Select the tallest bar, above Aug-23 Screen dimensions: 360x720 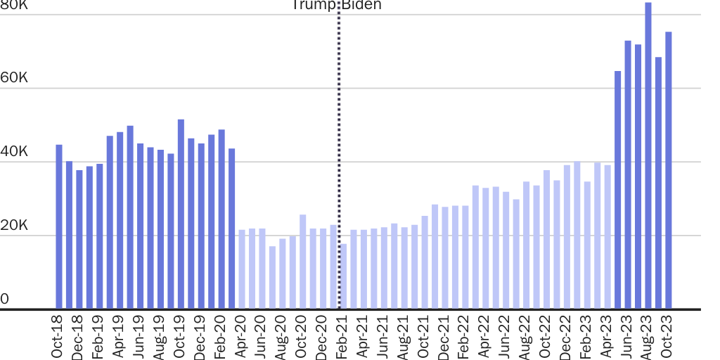(x=648, y=155)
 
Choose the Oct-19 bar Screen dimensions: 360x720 (x=181, y=214)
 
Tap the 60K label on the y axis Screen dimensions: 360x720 (x=14, y=78)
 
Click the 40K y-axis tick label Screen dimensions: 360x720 (x=14, y=152)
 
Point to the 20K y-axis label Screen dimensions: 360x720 (x=14, y=226)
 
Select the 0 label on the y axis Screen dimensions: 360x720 (x=5, y=300)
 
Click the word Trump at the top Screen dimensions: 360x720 (x=314, y=6)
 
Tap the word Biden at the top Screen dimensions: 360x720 (x=361, y=6)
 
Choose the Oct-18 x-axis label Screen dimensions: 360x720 (x=59, y=337)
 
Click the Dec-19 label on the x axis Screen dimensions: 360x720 (x=201, y=337)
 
